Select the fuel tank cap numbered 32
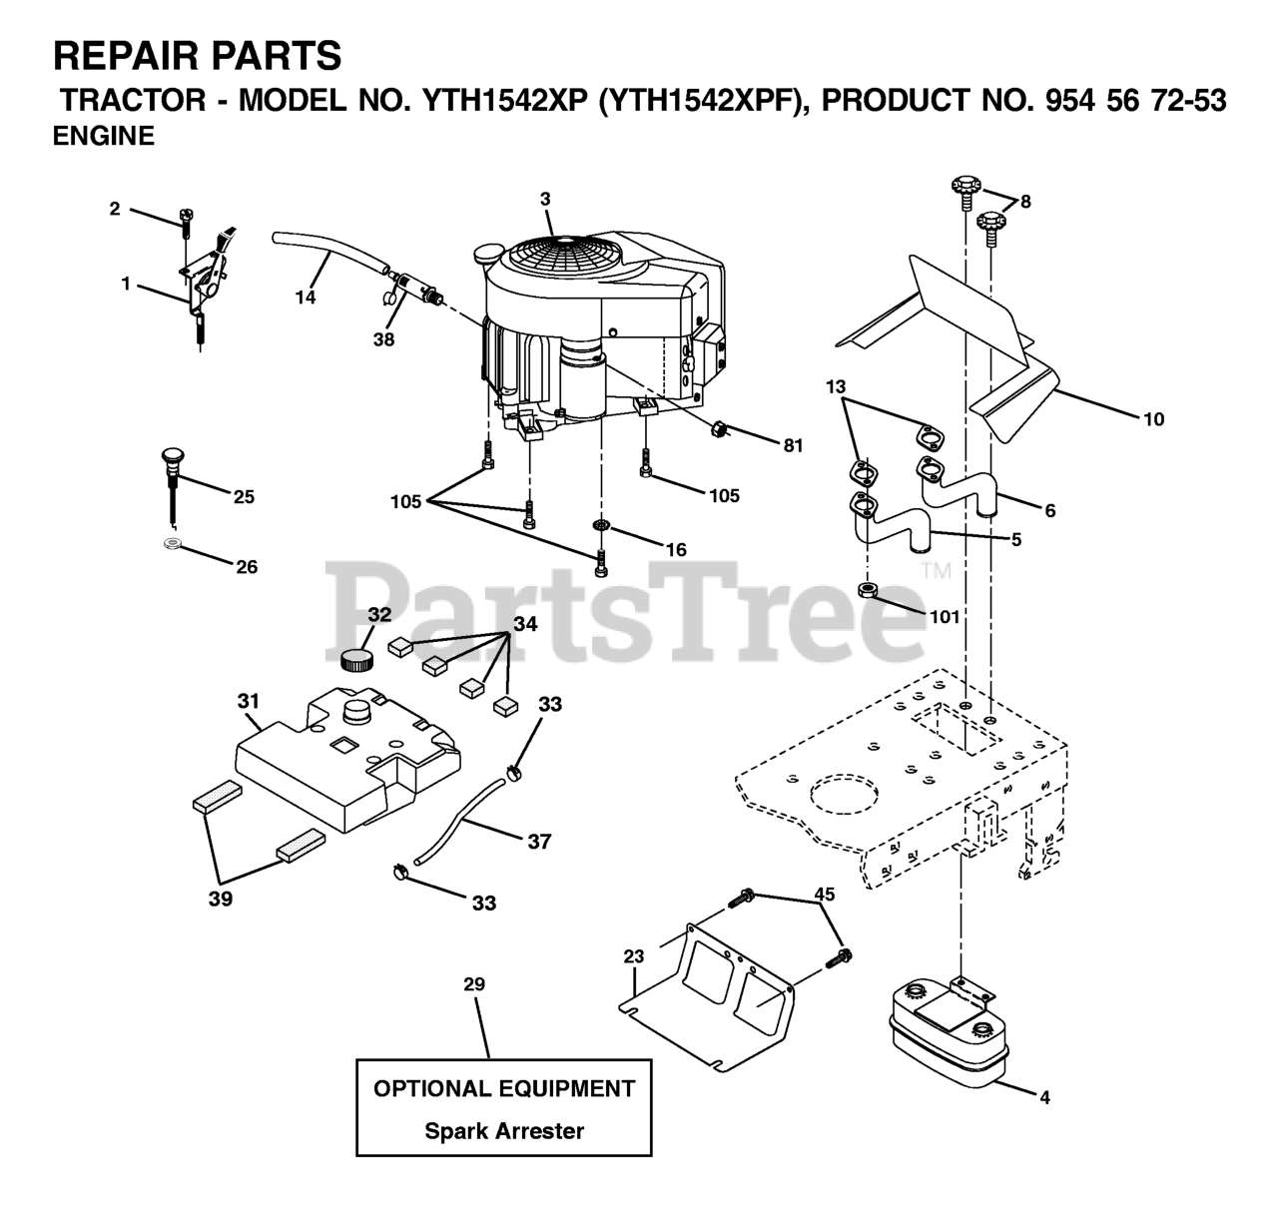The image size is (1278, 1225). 356,659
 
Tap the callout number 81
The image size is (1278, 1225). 793,446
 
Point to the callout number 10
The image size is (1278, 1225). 1153,419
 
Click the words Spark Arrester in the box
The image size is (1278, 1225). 504,1131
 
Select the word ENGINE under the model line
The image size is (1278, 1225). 104,138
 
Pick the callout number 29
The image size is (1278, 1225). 474,984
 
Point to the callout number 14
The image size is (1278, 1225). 306,298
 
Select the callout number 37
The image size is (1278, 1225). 539,842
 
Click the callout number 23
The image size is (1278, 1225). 634,956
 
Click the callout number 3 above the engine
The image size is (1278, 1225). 545,199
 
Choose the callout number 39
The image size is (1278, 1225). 221,899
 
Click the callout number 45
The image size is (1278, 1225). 824,894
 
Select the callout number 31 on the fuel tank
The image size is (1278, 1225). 248,702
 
